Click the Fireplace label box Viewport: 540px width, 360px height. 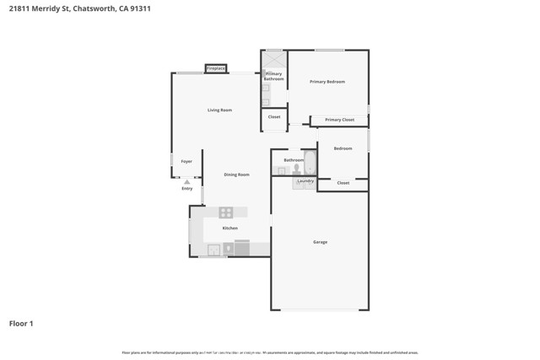click(x=216, y=68)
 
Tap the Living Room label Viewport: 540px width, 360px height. click(x=219, y=110)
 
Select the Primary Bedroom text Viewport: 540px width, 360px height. click(x=327, y=82)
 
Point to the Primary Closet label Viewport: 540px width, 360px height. click(x=339, y=120)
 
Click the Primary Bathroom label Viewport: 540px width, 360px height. click(x=273, y=77)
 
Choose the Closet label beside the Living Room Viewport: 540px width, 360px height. click(x=274, y=117)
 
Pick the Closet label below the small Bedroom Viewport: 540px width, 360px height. click(x=343, y=183)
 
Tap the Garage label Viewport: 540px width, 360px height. click(x=320, y=242)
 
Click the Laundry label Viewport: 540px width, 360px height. click(x=305, y=180)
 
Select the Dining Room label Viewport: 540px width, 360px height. click(x=236, y=175)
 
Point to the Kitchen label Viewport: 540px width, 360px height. click(x=229, y=228)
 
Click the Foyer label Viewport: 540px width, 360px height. click(x=186, y=161)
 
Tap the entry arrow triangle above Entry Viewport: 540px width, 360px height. click(x=187, y=181)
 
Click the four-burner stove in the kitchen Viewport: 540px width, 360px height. click(x=226, y=212)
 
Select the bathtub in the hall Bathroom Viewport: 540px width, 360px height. click(x=310, y=163)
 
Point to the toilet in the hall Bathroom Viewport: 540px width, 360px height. click(x=296, y=169)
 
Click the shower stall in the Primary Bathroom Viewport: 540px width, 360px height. click(x=274, y=60)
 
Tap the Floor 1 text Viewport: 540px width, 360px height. click(x=21, y=323)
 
